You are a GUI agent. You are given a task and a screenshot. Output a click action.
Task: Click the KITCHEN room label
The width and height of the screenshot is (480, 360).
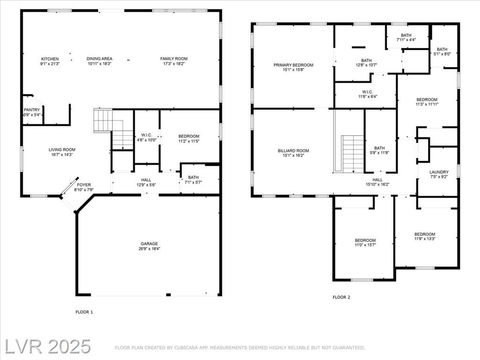[50, 59]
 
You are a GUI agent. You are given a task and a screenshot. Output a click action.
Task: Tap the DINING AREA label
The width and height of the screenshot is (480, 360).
[99, 59]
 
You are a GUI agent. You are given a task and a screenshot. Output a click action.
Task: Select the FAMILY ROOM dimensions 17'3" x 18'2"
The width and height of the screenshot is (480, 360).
[174, 64]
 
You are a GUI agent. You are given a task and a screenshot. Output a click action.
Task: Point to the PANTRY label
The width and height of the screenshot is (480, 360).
[32, 110]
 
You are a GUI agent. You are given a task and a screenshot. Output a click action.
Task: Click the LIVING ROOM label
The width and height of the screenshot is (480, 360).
[62, 150]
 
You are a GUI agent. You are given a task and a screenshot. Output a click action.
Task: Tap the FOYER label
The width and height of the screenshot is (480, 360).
[84, 185]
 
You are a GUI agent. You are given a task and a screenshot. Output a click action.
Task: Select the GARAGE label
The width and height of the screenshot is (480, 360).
[150, 244]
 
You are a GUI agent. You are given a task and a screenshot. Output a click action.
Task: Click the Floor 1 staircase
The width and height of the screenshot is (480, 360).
[113, 128]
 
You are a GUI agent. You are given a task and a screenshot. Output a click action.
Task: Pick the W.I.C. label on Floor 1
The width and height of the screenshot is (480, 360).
[147, 135]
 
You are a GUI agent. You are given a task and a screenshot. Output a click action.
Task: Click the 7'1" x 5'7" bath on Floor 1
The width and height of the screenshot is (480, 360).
[193, 180]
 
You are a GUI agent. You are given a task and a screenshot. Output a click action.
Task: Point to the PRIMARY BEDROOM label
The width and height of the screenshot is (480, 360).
[293, 65]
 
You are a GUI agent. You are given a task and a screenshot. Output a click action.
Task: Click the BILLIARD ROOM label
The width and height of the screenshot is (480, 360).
[293, 150]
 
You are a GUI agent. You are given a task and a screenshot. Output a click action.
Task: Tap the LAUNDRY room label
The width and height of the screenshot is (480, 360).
[439, 172]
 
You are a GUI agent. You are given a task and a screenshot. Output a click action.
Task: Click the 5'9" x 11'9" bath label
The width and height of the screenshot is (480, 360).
[379, 150]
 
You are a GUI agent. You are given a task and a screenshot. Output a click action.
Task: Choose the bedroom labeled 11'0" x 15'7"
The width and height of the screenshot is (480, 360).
[365, 242]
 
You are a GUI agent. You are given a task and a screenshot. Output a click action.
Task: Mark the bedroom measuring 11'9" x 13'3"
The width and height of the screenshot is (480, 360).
[425, 236]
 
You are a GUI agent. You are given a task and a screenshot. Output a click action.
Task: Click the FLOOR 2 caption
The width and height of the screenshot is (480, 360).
[341, 297]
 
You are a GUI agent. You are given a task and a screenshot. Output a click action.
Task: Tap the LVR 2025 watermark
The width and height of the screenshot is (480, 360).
[48, 347]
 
